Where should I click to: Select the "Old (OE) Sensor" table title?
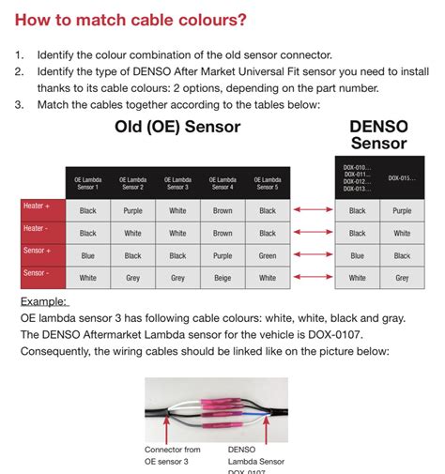click(177, 126)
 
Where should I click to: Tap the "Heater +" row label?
click(38, 206)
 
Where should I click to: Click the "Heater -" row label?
click(38, 228)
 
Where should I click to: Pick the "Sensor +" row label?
click(38, 251)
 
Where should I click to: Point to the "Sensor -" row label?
click(38, 273)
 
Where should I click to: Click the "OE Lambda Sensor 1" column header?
click(87, 183)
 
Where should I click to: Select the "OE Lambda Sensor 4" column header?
click(222, 183)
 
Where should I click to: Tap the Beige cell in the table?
click(222, 278)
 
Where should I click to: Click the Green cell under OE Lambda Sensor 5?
click(268, 255)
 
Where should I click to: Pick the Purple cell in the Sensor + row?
click(222, 255)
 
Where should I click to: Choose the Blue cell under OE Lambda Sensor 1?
click(87, 255)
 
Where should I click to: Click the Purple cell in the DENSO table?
click(402, 210)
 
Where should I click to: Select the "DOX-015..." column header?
click(402, 178)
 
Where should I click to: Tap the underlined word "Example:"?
click(43, 301)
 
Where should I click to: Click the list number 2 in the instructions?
click(19, 70)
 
